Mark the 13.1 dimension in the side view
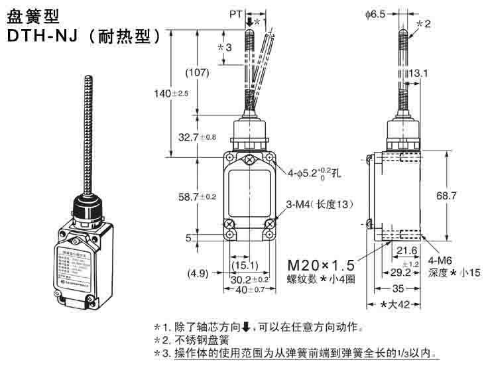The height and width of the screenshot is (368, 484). pyautogui.click(x=418, y=73)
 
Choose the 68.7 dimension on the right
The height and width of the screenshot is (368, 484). pyautogui.click(x=463, y=196)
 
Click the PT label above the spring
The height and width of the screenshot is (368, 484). pyautogui.click(x=235, y=13)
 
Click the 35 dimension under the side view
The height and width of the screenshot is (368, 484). pyautogui.click(x=395, y=290)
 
